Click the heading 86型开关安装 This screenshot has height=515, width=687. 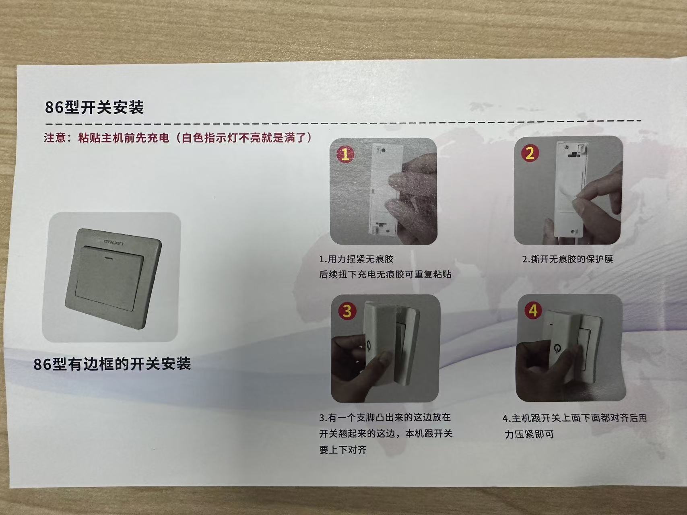pyautogui.click(x=94, y=107)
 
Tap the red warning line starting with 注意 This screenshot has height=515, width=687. pyautogui.click(x=177, y=138)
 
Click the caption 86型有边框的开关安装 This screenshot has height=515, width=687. pyautogui.click(x=112, y=364)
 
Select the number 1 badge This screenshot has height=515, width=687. pyautogui.click(x=345, y=154)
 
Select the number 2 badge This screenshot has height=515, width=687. pyautogui.click(x=530, y=153)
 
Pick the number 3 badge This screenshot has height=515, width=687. pyautogui.click(x=347, y=311)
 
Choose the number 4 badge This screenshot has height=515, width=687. pyautogui.click(x=533, y=310)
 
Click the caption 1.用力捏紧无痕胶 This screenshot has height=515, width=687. pyautogui.click(x=356, y=259)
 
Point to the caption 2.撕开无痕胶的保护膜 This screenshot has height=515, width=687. pyautogui.click(x=567, y=259)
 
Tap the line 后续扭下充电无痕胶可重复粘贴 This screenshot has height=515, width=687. pyautogui.click(x=385, y=274)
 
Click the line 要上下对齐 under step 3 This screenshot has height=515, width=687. pyautogui.click(x=343, y=449)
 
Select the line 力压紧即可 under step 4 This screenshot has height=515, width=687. pyautogui.click(x=529, y=434)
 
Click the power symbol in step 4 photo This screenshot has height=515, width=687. pyautogui.click(x=558, y=348)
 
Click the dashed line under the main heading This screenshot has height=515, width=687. pyautogui.click(x=342, y=121)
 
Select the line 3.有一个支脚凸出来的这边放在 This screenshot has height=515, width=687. pyautogui.click(x=385, y=418)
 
